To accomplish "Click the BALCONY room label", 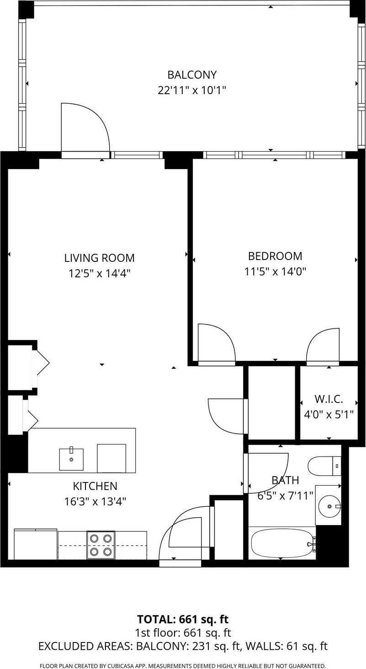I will click(191, 74).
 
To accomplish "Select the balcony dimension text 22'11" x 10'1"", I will click(191, 90).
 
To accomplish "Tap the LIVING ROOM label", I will click(99, 258).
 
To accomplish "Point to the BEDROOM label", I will click(275, 256).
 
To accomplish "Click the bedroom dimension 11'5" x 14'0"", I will click(275, 271).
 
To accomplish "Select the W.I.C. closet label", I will click(329, 399).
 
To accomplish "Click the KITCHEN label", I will click(95, 486).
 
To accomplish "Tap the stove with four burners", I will click(101, 545).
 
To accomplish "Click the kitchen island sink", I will click(71, 459).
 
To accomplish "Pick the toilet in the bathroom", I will click(324, 466).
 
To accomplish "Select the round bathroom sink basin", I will click(329, 505).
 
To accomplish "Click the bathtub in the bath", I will click(281, 543).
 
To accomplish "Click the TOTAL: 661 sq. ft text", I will click(183, 619).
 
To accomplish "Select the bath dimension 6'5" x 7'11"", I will click(286, 495).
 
